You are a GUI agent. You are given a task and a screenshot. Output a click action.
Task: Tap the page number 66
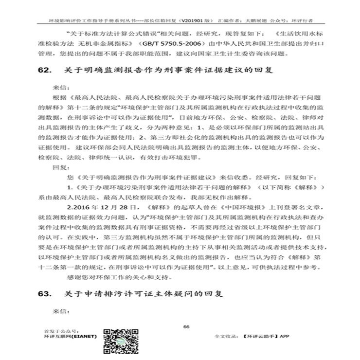186,326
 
